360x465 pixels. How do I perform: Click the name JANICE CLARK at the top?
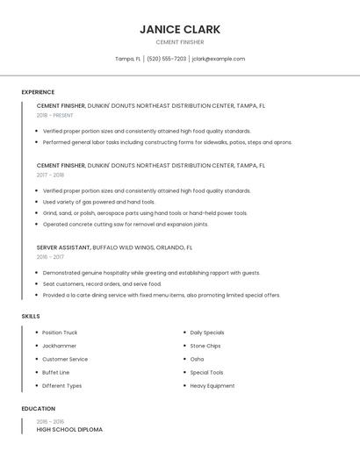(179, 29)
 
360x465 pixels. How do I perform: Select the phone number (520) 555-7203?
(166, 59)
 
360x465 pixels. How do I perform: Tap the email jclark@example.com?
(218, 59)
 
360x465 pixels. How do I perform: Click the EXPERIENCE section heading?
(38, 92)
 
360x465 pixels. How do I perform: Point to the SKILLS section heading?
(30, 316)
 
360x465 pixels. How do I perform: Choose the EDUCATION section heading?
(39, 409)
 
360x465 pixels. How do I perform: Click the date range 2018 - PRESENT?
(54, 115)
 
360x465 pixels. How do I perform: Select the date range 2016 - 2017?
(50, 257)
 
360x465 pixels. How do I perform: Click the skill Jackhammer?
(60, 346)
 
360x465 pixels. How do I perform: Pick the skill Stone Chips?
(205, 346)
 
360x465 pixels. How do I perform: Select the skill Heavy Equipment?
(212, 385)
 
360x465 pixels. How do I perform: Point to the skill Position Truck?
(60, 333)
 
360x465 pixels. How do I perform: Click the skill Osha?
(197, 359)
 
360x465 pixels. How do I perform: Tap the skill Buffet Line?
(56, 372)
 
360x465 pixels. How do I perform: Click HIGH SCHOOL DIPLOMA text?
(69, 430)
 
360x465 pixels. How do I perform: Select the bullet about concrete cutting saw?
(126, 224)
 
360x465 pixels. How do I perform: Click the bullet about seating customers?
(102, 284)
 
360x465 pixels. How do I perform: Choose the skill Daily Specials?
(206, 333)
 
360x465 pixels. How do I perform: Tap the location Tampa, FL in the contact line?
(127, 59)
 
